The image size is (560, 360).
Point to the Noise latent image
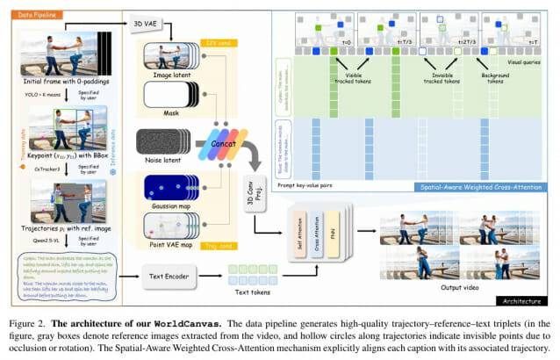coord(163,144)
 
